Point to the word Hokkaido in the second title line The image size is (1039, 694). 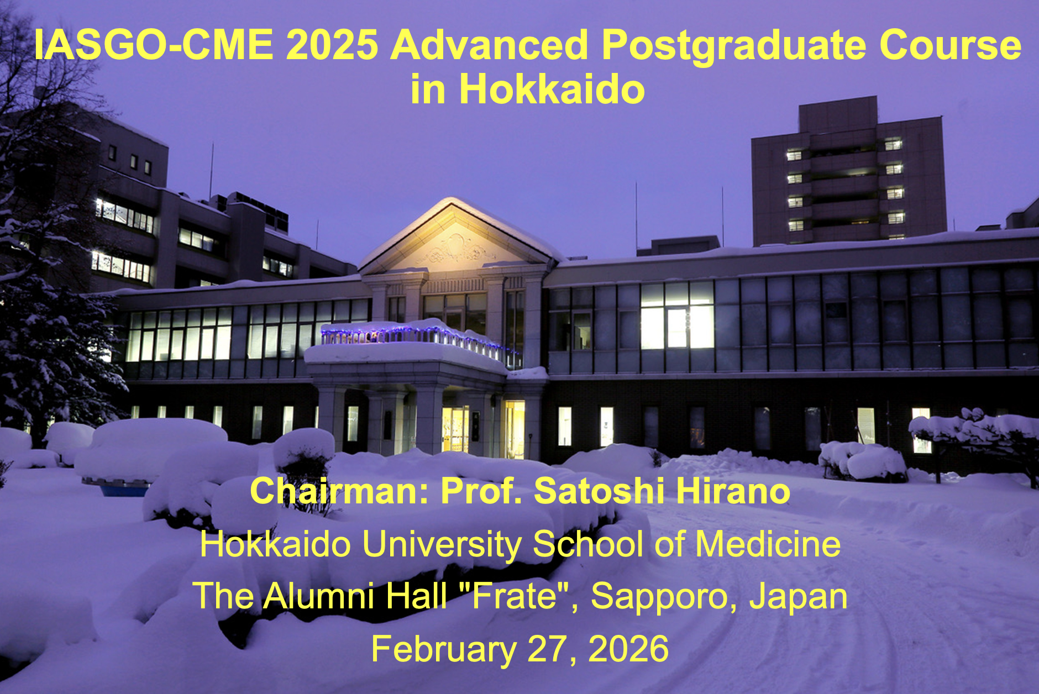[x=552, y=90]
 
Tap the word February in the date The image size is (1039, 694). [x=444, y=650]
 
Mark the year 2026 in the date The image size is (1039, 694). [x=628, y=649]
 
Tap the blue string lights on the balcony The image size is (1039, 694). [x=420, y=337]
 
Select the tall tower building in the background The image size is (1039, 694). [x=848, y=171]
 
